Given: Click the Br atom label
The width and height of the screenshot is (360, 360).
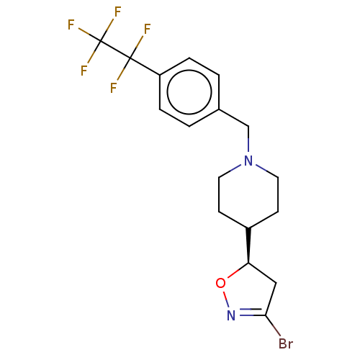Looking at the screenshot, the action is pyautogui.click(x=286, y=343).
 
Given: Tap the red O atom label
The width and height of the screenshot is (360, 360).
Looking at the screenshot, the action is pyautogui.click(x=220, y=283).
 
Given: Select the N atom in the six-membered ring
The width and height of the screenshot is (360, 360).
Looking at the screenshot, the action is pyautogui.click(x=248, y=161).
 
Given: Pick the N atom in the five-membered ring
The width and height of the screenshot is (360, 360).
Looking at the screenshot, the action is pyautogui.click(x=231, y=315).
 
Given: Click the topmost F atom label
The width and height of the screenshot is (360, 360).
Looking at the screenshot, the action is pyautogui.click(x=117, y=12).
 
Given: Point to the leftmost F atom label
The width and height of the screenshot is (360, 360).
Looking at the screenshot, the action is pyautogui.click(x=71, y=24).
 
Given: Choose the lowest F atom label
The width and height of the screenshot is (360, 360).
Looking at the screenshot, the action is pyautogui.click(x=113, y=88).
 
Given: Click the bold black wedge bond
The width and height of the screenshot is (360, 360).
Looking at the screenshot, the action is pyautogui.click(x=248, y=245).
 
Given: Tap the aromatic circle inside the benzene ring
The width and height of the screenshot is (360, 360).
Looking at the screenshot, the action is pyautogui.click(x=189, y=91).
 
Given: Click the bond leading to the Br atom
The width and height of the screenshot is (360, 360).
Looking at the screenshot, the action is pyautogui.click(x=273, y=325).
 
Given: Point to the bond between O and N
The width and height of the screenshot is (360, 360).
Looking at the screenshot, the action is pyautogui.click(x=226, y=299).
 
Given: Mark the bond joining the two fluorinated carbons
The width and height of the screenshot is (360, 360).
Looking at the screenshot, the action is pyautogui.click(x=115, y=50).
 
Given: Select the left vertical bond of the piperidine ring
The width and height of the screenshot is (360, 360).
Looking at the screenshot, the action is pyautogui.click(x=219, y=194).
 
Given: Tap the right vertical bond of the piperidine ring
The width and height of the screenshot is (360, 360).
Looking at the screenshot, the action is pyautogui.click(x=278, y=194).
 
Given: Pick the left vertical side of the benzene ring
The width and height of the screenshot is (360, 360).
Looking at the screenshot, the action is pyautogui.click(x=160, y=91).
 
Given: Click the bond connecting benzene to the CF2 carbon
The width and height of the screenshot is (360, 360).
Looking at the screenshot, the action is pyautogui.click(x=145, y=66).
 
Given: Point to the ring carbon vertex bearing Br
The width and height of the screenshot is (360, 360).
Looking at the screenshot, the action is pyautogui.click(x=266, y=315).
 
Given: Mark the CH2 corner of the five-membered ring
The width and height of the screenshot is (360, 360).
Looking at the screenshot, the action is pyautogui.click(x=276, y=283).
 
